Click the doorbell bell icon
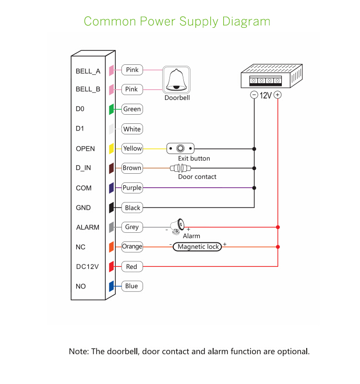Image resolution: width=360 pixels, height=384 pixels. (x=177, y=80)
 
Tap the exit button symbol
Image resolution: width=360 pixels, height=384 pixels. (x=180, y=148)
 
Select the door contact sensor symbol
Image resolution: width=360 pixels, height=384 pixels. (x=180, y=168)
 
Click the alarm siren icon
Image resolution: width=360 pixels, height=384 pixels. (x=179, y=226)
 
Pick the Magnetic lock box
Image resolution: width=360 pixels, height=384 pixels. (x=198, y=247)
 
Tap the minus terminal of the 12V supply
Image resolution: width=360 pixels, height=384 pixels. (x=254, y=95)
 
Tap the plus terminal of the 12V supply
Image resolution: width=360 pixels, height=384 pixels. (x=278, y=95)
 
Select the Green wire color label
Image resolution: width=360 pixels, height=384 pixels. (x=132, y=109)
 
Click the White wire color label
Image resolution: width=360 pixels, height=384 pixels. (x=132, y=129)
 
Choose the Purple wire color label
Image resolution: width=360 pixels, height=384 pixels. (x=132, y=188)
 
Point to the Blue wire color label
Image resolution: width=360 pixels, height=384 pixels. (x=132, y=286)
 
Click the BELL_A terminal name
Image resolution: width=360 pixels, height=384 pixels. (x=88, y=71)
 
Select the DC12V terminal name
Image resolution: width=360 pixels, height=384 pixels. (x=87, y=266)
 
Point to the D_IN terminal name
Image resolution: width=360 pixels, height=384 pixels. (x=83, y=168)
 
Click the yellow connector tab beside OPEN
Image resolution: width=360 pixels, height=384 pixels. (x=111, y=148)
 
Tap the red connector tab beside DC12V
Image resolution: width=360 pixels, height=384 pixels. (x=111, y=266)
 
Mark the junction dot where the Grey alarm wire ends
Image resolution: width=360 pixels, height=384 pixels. (x=278, y=227)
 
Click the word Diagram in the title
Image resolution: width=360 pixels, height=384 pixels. (x=246, y=22)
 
